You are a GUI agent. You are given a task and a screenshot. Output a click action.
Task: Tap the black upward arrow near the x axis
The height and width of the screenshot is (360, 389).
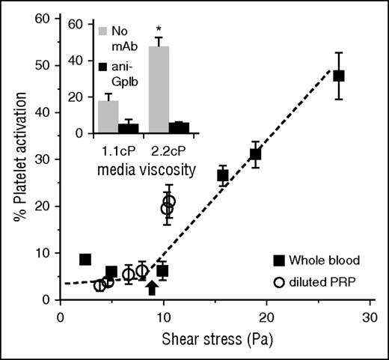[152, 287]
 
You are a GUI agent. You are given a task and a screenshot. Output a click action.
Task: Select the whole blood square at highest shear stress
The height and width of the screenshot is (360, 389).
[339, 76]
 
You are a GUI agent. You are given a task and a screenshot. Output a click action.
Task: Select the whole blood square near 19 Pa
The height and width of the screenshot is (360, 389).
[255, 154]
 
